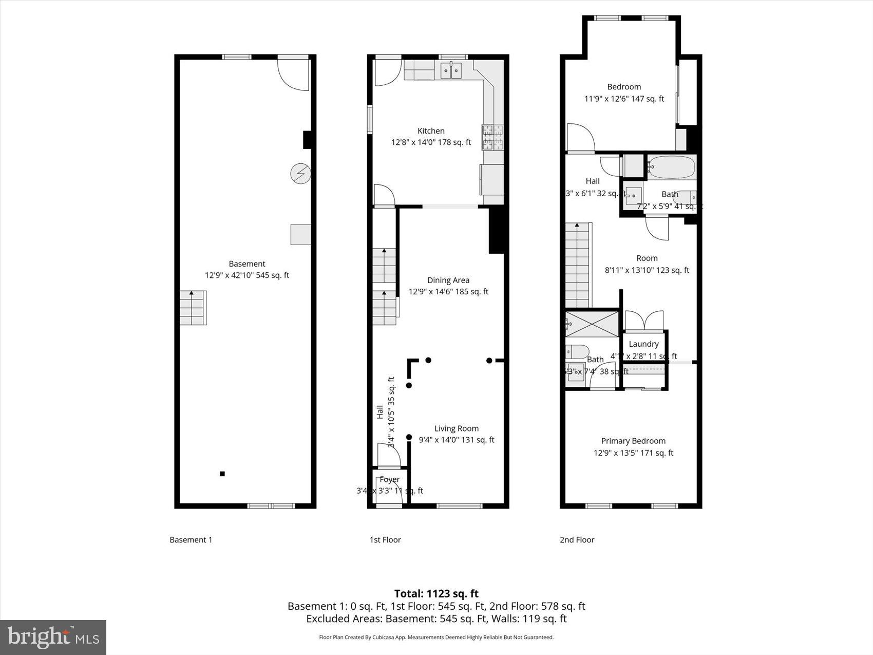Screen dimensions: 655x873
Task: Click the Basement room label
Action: (x=247, y=264)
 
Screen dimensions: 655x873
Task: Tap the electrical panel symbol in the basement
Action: (x=300, y=174)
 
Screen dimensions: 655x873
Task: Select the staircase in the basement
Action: (x=193, y=308)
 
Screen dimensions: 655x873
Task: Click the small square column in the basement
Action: (x=222, y=474)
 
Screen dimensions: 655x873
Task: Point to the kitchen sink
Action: (x=451, y=70)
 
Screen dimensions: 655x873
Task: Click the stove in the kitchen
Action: (x=493, y=137)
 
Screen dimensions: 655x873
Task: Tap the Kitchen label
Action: (x=431, y=131)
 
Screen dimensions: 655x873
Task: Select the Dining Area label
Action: (x=448, y=280)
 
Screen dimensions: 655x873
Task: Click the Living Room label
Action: (x=456, y=428)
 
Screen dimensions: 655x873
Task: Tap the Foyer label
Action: (x=390, y=479)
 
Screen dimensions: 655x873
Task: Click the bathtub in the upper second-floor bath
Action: (x=671, y=167)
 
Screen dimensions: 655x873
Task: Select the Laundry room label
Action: (x=643, y=344)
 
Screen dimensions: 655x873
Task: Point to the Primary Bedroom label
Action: (x=633, y=441)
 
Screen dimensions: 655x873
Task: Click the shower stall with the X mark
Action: (x=593, y=324)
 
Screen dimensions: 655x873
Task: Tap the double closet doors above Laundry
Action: (x=644, y=321)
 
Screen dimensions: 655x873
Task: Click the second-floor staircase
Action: (x=578, y=265)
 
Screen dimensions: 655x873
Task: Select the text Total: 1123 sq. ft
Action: (x=436, y=594)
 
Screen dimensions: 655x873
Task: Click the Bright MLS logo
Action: (x=53, y=638)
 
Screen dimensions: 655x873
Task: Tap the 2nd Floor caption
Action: (x=577, y=539)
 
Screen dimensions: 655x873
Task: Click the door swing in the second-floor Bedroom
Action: (x=580, y=138)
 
